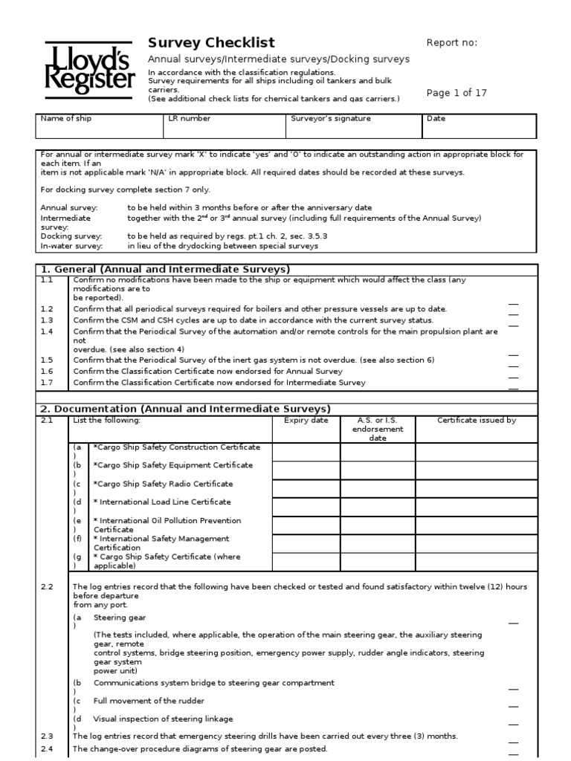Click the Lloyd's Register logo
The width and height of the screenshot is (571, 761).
tap(89, 68)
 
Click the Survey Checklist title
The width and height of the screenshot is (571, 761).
tap(211, 43)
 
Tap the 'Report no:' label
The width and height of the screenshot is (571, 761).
tap(451, 42)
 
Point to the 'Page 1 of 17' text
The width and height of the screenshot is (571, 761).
tap(457, 93)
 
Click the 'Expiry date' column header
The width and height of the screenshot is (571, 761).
tap(306, 421)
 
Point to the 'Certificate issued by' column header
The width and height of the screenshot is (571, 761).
tap(476, 421)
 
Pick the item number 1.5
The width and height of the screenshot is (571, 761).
tap(47, 359)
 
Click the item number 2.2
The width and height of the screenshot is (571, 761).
tap(47, 586)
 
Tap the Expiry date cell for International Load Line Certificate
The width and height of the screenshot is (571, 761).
tap(306, 508)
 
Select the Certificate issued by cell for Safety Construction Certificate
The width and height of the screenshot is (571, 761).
tap(476, 452)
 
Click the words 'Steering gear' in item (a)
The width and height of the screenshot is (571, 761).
tap(120, 617)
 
